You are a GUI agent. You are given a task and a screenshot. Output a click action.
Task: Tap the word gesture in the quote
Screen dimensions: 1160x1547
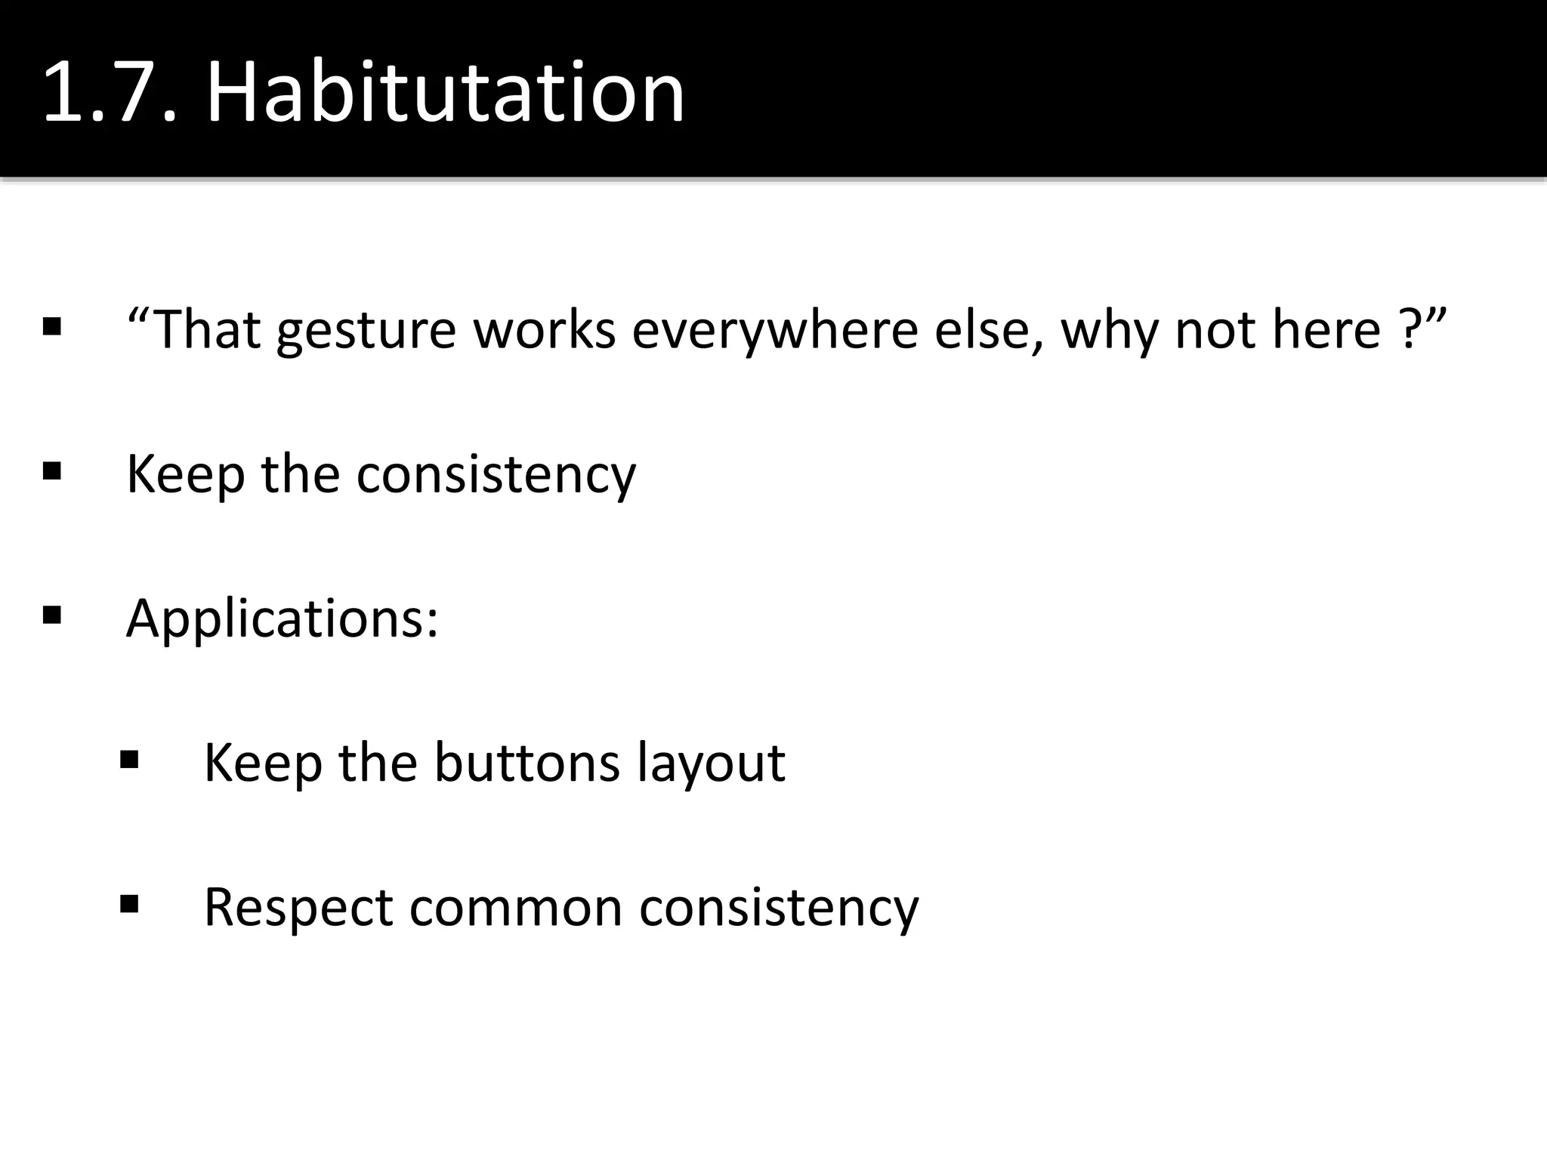coord(366,330)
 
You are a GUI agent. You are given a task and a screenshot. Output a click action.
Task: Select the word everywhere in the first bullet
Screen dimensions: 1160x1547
coord(775,330)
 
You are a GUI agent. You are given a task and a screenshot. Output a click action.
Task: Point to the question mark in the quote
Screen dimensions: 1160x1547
coord(1407,330)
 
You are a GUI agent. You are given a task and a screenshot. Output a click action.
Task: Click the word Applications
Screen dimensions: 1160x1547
coord(282,619)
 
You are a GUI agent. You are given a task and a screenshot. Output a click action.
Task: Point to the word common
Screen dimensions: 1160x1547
coord(515,907)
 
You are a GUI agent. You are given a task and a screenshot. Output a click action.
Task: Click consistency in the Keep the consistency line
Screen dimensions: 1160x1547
coord(496,474)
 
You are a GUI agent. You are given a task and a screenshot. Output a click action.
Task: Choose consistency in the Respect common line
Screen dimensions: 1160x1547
coord(779,907)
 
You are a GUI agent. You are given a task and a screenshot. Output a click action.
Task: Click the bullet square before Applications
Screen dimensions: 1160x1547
coord(52,615)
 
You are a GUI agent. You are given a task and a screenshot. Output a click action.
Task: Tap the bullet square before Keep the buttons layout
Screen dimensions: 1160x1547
coord(129,760)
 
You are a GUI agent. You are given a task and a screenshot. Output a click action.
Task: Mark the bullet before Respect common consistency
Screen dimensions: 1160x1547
coord(129,904)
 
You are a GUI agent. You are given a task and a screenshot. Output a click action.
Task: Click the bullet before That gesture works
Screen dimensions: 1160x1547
coord(52,327)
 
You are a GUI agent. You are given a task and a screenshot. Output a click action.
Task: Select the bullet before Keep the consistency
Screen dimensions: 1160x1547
coord(52,471)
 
